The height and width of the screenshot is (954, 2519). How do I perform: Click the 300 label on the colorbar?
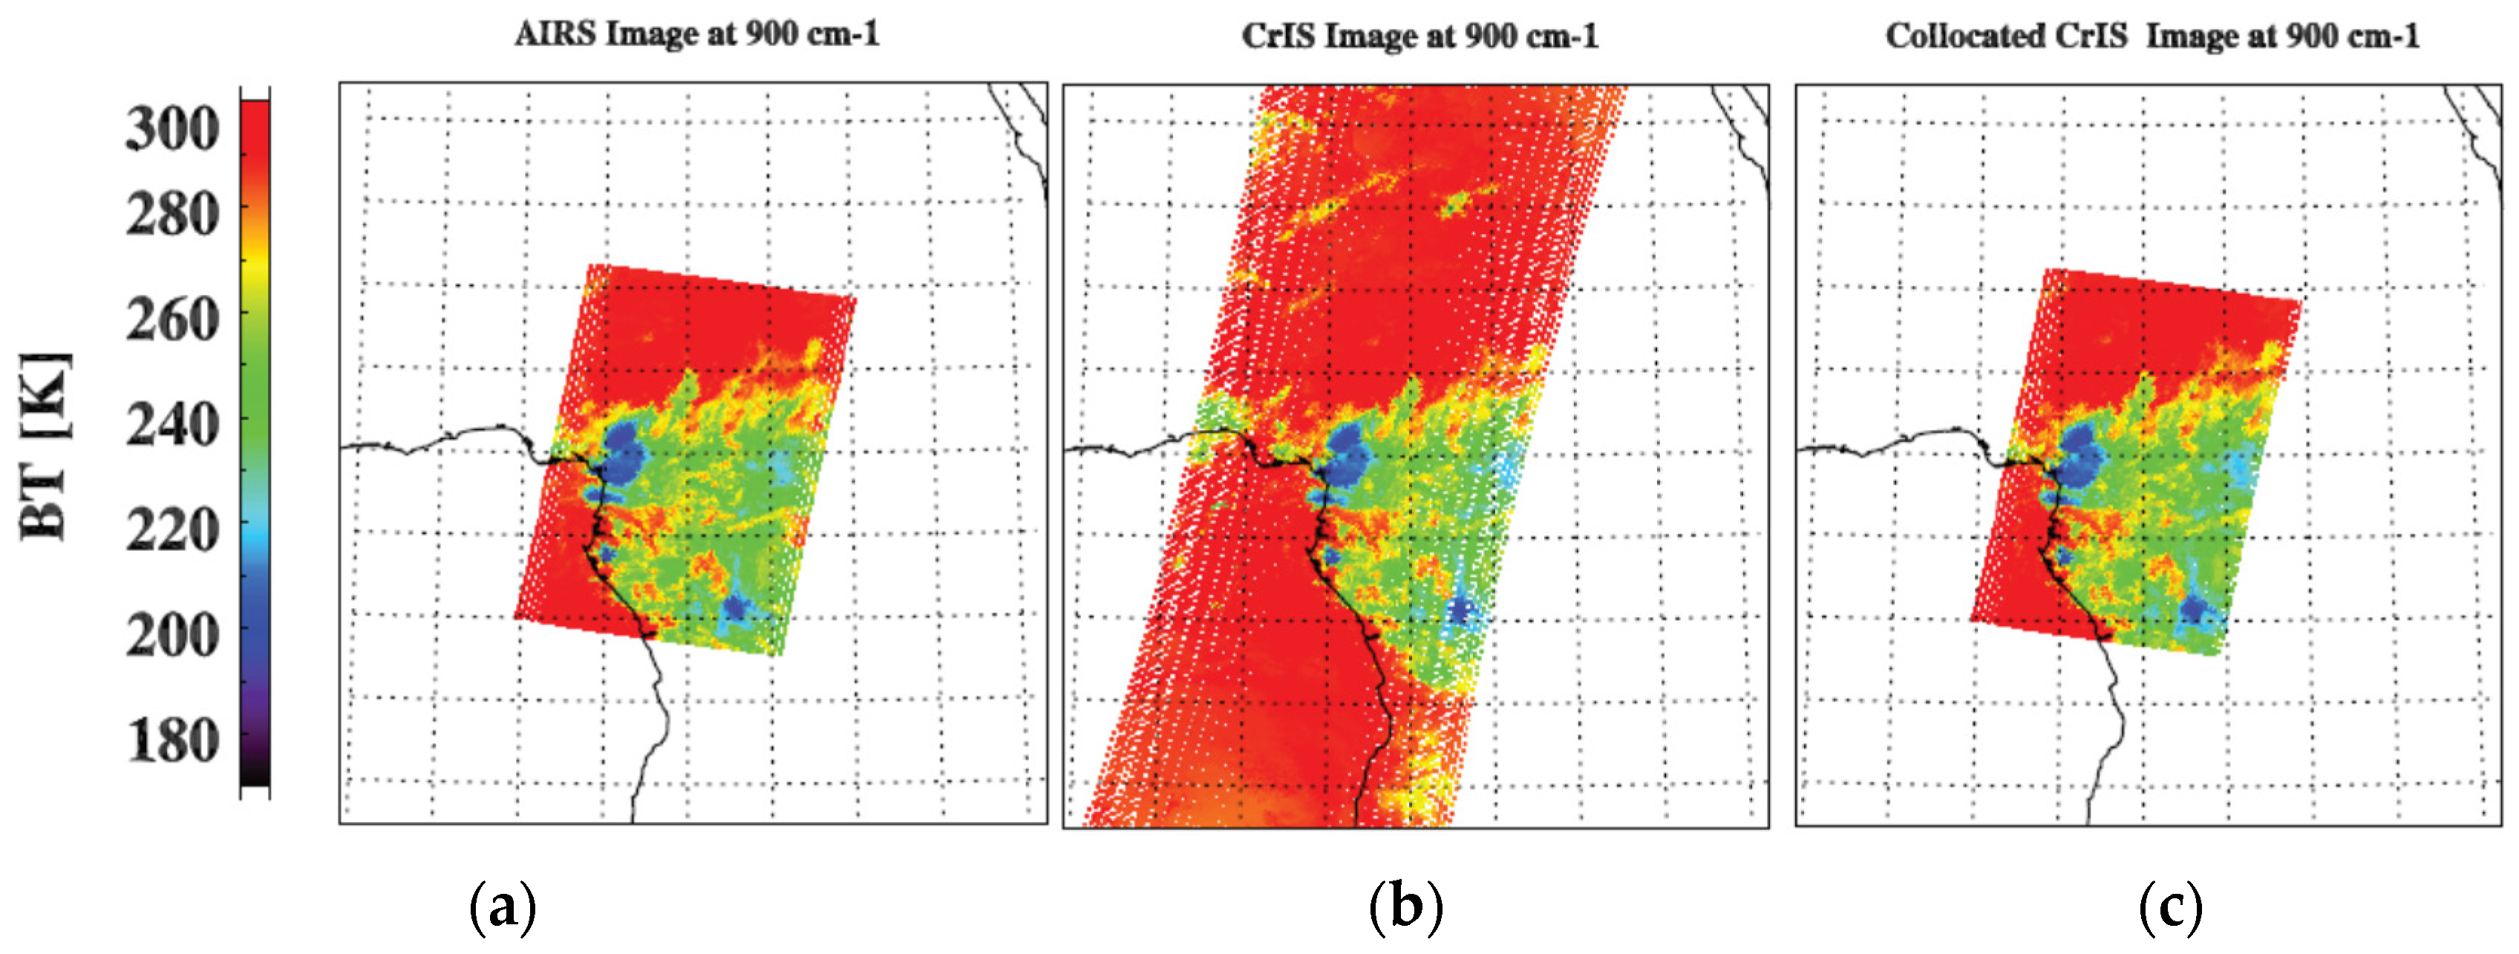coord(173,129)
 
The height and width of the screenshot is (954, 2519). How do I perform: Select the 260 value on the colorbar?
coord(173,320)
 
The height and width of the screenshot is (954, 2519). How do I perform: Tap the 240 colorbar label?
coord(173,425)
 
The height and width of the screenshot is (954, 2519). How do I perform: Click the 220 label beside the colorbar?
coord(173,531)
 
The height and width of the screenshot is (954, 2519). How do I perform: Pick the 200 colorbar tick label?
coord(173,636)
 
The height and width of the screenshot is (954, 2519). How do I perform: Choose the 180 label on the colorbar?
coord(173,741)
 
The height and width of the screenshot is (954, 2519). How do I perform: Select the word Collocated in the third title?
coord(1964,36)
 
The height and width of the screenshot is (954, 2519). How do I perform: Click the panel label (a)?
coord(503,907)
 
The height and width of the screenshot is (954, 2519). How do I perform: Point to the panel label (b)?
coord(1405,907)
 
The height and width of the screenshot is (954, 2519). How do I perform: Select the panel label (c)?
coord(2170,907)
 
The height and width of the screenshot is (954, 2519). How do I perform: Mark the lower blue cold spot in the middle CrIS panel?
coord(1461,612)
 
